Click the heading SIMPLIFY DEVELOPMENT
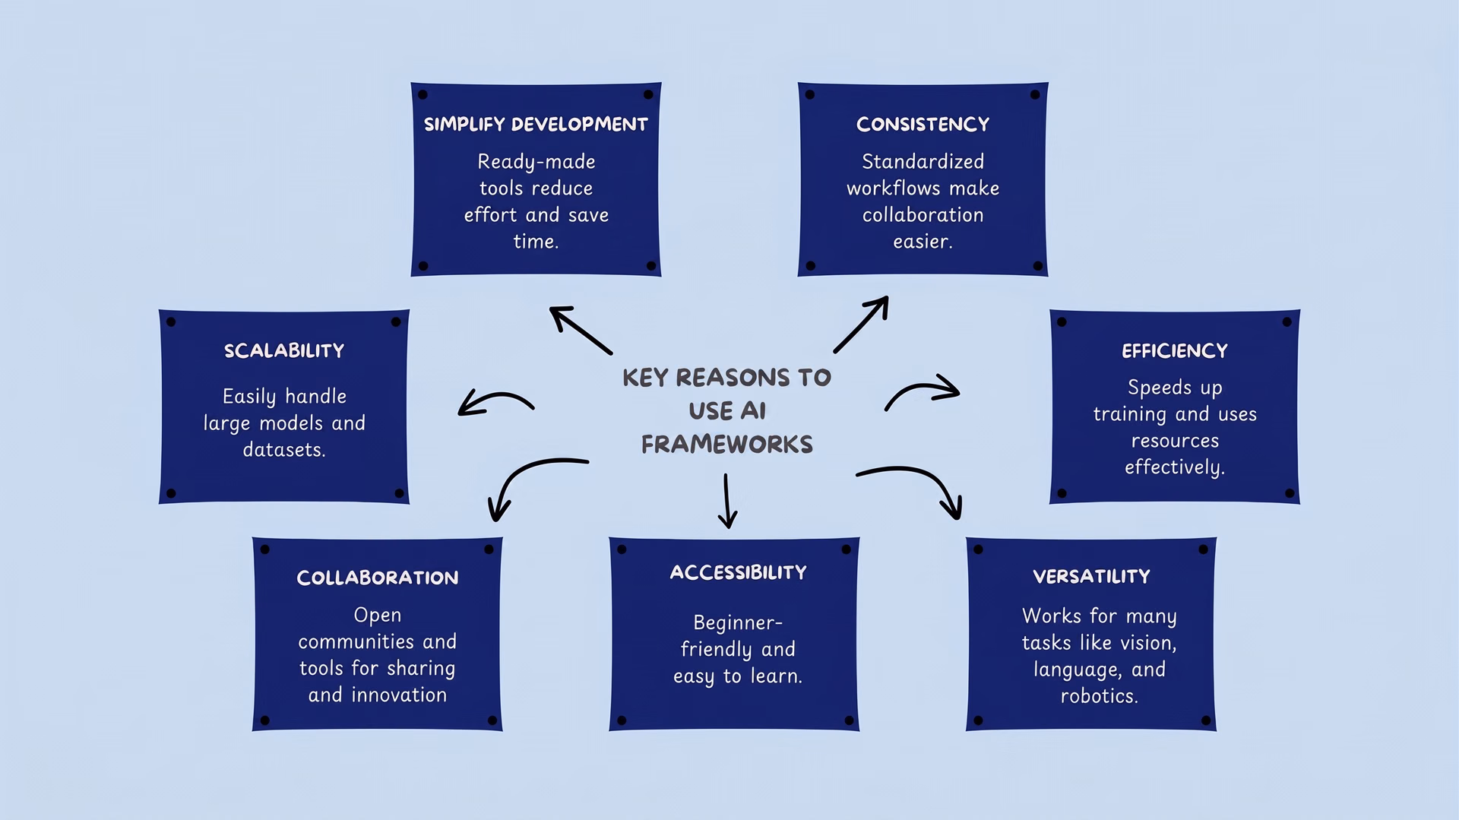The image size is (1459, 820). (536, 125)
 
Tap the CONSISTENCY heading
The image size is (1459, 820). (923, 125)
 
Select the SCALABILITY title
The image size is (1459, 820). (284, 351)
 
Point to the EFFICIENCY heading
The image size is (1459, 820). (1175, 351)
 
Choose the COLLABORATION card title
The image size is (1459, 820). (378, 578)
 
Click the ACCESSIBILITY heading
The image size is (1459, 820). (738, 573)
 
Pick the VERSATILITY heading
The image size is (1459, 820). (1091, 577)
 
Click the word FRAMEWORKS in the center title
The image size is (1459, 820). (727, 445)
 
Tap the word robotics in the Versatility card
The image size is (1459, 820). (1098, 696)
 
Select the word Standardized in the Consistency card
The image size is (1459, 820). (923, 162)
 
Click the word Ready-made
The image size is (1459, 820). (536, 163)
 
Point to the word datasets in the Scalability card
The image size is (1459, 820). (283, 450)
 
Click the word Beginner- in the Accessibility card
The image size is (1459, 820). (738, 624)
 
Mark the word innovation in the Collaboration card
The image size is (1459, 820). (399, 695)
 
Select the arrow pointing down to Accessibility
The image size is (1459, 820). (727, 501)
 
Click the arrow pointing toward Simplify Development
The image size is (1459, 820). (581, 331)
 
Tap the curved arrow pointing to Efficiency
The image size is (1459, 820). (921, 388)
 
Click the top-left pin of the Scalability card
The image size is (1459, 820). (171, 322)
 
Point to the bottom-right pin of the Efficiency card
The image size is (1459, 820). (1290, 493)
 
